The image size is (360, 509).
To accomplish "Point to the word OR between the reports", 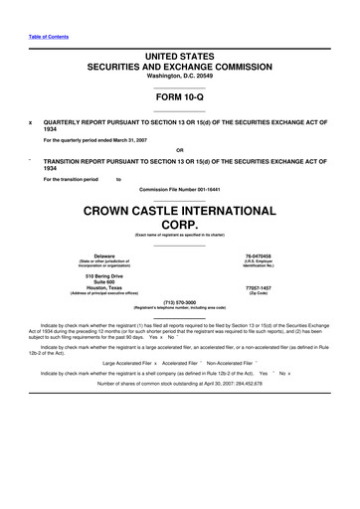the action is click(180, 151).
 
